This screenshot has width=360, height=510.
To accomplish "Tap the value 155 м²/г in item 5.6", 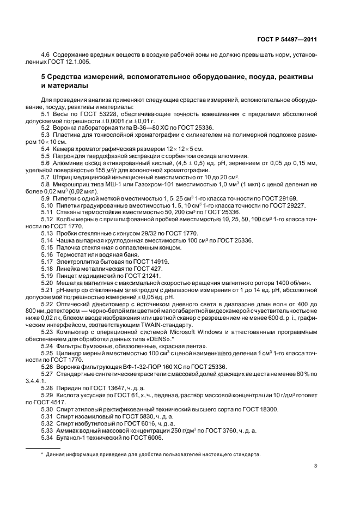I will click(x=103, y=170).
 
